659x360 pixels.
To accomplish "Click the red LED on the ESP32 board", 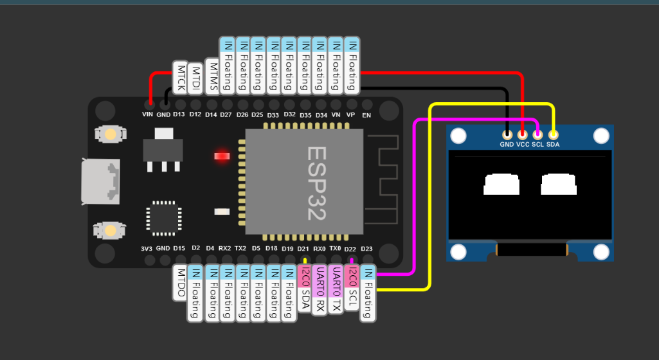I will coord(222,156).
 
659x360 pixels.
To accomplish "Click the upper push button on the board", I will coord(110,134).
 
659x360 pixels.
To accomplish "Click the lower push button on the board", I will coord(110,230).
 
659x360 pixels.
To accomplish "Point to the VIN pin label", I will coord(149,114).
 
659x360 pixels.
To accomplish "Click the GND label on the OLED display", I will coord(507,145).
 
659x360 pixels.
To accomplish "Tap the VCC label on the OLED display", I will coord(523,145).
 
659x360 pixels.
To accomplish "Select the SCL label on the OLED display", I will coord(538,145).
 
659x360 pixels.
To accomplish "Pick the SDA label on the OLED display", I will coord(554,145).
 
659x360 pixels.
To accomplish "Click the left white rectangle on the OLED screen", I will coord(501,184).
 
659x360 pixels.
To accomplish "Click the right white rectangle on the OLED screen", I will coord(559,184).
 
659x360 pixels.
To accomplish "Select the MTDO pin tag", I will coord(181,282).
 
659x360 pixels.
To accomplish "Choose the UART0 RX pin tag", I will coord(320,289).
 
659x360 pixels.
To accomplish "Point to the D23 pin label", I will coord(366,248).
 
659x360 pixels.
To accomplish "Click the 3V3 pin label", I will coord(147,248).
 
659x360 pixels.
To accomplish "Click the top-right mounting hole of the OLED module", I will coord(600,136).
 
